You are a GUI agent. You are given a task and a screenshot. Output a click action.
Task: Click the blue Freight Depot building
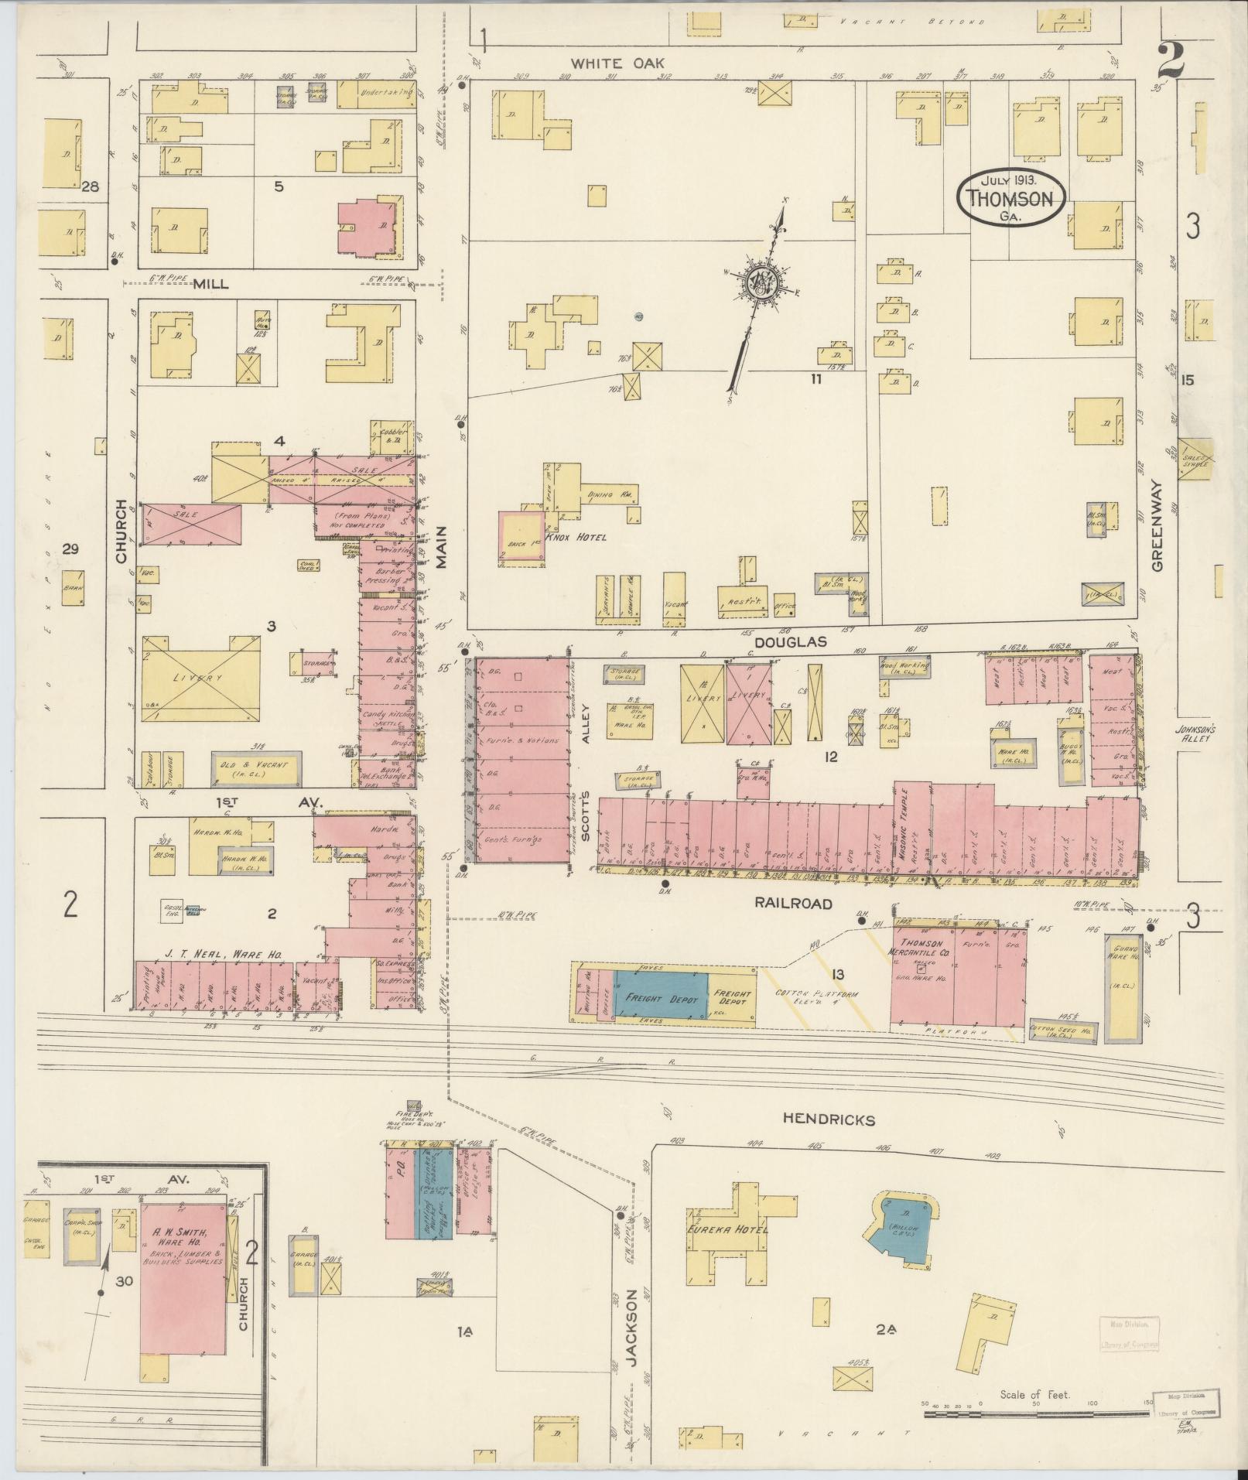662,998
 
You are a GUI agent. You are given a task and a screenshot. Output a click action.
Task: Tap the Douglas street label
792,641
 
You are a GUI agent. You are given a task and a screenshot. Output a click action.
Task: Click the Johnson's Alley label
1197,732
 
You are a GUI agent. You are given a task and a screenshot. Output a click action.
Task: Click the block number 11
815,378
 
